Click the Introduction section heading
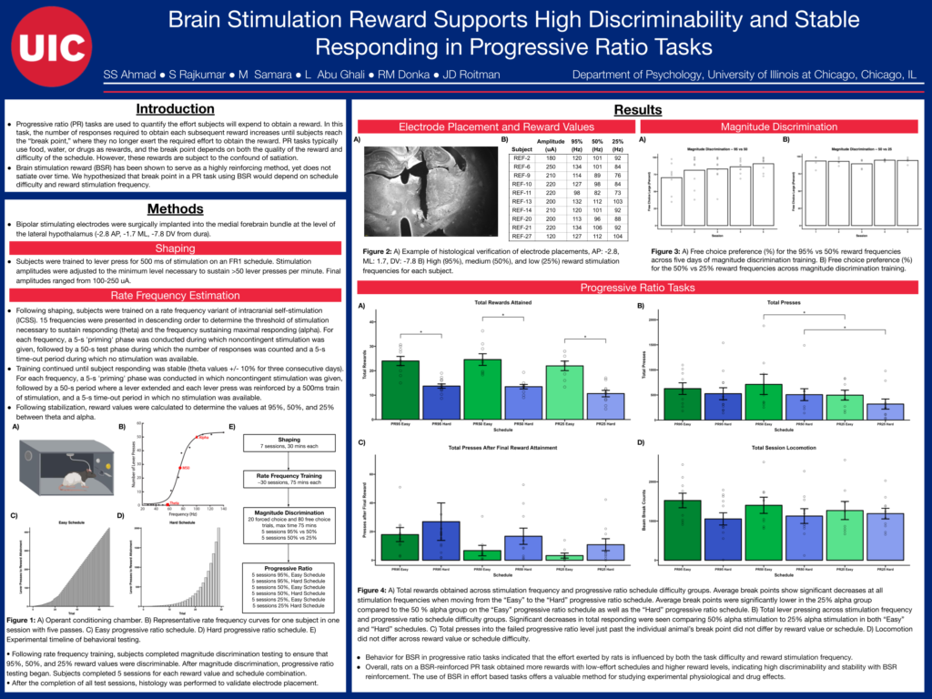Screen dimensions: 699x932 [175, 109]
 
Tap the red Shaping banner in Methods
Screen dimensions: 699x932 [175, 248]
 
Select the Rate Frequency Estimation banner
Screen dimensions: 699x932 [175, 296]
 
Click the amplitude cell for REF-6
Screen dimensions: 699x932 [550, 167]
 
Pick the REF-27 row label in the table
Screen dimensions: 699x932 [522, 236]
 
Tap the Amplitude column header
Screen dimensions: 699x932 [550, 146]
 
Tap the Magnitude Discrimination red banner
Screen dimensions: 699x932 [778, 127]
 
